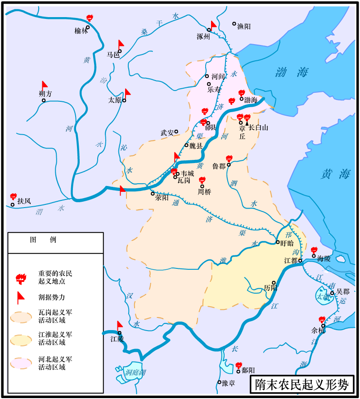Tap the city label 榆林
(81, 31)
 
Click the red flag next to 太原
(127, 94)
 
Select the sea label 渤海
(292, 72)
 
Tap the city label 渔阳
(244, 27)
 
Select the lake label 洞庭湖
(135, 372)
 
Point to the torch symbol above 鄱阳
(239, 365)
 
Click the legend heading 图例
(43, 240)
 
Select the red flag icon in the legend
(20, 297)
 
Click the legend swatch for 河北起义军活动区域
(21, 363)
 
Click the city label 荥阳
(162, 197)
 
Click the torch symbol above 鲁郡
(229, 159)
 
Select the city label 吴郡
(342, 292)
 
